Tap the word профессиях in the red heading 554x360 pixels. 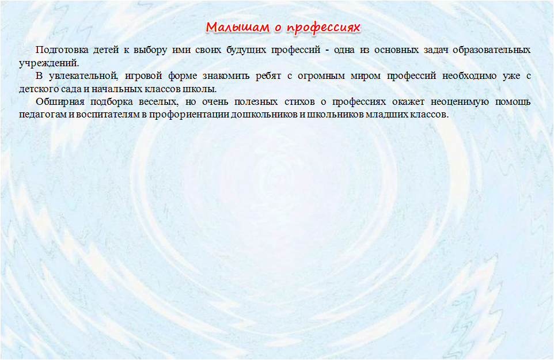323,28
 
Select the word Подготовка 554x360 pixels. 62,50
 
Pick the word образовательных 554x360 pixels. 491,50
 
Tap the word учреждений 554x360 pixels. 49,63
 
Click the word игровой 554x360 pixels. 143,76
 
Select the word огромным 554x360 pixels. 321,76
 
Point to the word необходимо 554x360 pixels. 469,76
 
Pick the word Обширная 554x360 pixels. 60,102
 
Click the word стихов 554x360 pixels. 299,102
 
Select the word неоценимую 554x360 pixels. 460,102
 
